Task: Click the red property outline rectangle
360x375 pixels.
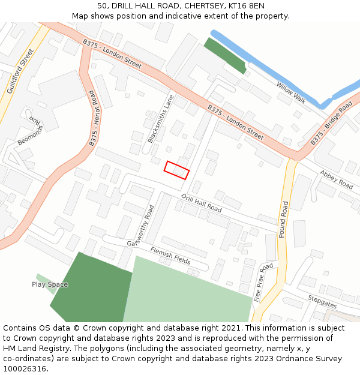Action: coord(177,170)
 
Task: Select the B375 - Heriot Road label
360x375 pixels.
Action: coord(92,119)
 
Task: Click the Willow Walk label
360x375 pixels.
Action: coord(291,93)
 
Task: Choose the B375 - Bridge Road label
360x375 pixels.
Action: coord(331,123)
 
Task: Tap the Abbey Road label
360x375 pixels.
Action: coord(336,179)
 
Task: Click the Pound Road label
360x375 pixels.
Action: coord(284,219)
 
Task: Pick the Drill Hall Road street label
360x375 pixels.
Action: coord(201,203)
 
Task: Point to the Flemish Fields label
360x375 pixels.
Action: coord(170,254)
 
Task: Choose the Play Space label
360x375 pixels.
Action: coord(50,284)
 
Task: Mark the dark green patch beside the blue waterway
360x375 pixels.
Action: coord(225,56)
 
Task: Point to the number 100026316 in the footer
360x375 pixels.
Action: coord(23,368)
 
